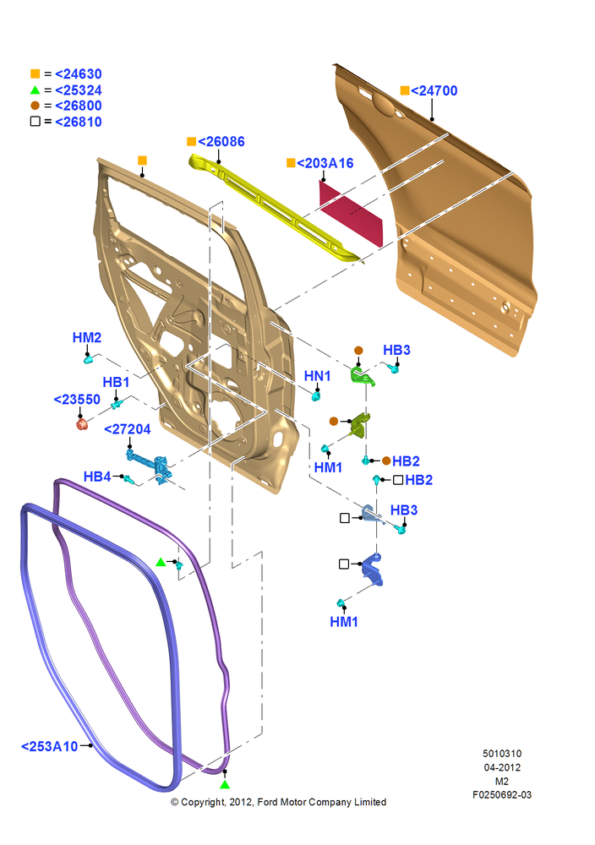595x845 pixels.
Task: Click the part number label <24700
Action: point(434,90)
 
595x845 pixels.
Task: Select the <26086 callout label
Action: point(221,142)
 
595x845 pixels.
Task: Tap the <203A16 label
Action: point(325,163)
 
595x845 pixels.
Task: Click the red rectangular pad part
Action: point(351,215)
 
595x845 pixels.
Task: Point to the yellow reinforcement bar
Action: point(275,208)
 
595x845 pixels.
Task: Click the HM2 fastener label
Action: point(87,337)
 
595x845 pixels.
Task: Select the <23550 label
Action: point(77,400)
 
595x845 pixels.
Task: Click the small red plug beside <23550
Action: point(82,424)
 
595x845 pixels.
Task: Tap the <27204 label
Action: point(127,429)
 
